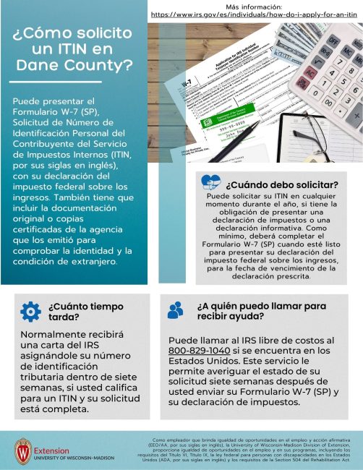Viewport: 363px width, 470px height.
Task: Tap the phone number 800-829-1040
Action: click(x=194, y=350)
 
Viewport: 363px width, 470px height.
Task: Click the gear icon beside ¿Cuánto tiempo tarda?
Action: click(x=30, y=311)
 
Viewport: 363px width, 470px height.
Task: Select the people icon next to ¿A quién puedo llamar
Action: click(x=176, y=311)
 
